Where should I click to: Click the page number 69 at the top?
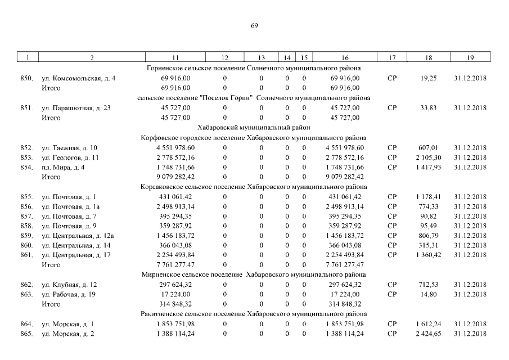tap(254, 25)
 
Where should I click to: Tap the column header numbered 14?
tap(287, 58)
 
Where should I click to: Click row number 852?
tap(26, 148)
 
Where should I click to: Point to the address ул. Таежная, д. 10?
tap(69, 148)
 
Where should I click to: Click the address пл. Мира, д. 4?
tap(64, 168)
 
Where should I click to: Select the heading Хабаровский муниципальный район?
tap(254, 128)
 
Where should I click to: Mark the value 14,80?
tap(429, 294)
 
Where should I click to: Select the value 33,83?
tap(429, 108)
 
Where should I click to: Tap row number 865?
tap(26, 334)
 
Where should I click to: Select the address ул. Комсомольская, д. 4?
tap(79, 78)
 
